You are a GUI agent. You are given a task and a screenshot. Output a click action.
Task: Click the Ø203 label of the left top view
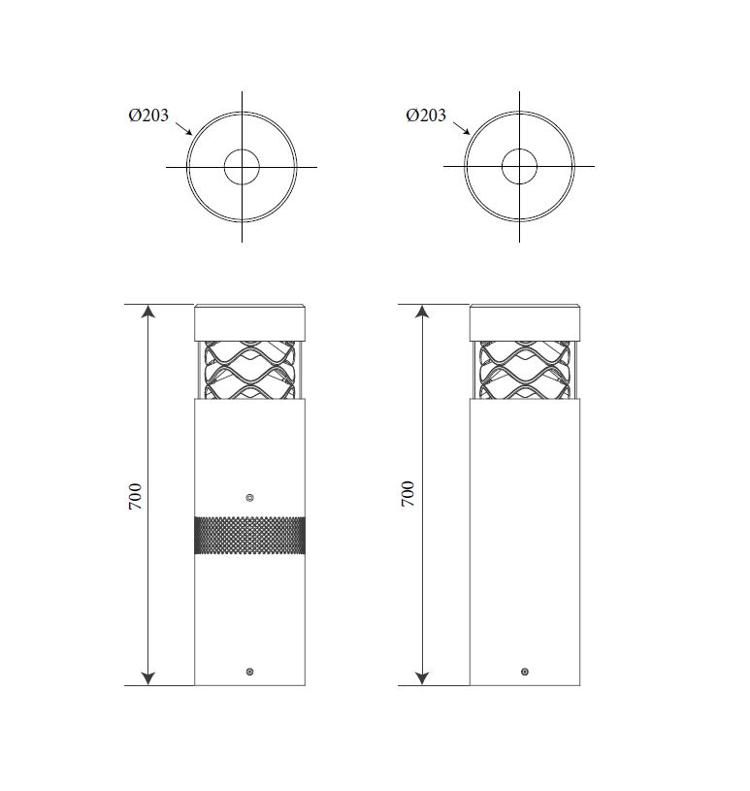point(148,115)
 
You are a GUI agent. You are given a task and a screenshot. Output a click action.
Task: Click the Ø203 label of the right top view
point(426,115)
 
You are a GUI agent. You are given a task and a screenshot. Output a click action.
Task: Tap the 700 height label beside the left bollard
point(135,496)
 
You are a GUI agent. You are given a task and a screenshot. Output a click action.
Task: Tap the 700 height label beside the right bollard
point(408,494)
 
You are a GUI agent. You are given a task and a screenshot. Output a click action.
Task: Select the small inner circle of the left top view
point(224,167)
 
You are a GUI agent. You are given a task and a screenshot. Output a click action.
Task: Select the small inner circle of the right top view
point(502,166)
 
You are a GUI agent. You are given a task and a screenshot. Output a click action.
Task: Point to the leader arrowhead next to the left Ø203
point(188,132)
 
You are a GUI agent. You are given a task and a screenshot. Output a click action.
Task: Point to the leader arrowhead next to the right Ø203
point(467,132)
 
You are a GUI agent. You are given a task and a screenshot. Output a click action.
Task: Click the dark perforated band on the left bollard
point(249,535)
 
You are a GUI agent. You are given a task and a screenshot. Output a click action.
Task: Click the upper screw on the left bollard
point(249,498)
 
